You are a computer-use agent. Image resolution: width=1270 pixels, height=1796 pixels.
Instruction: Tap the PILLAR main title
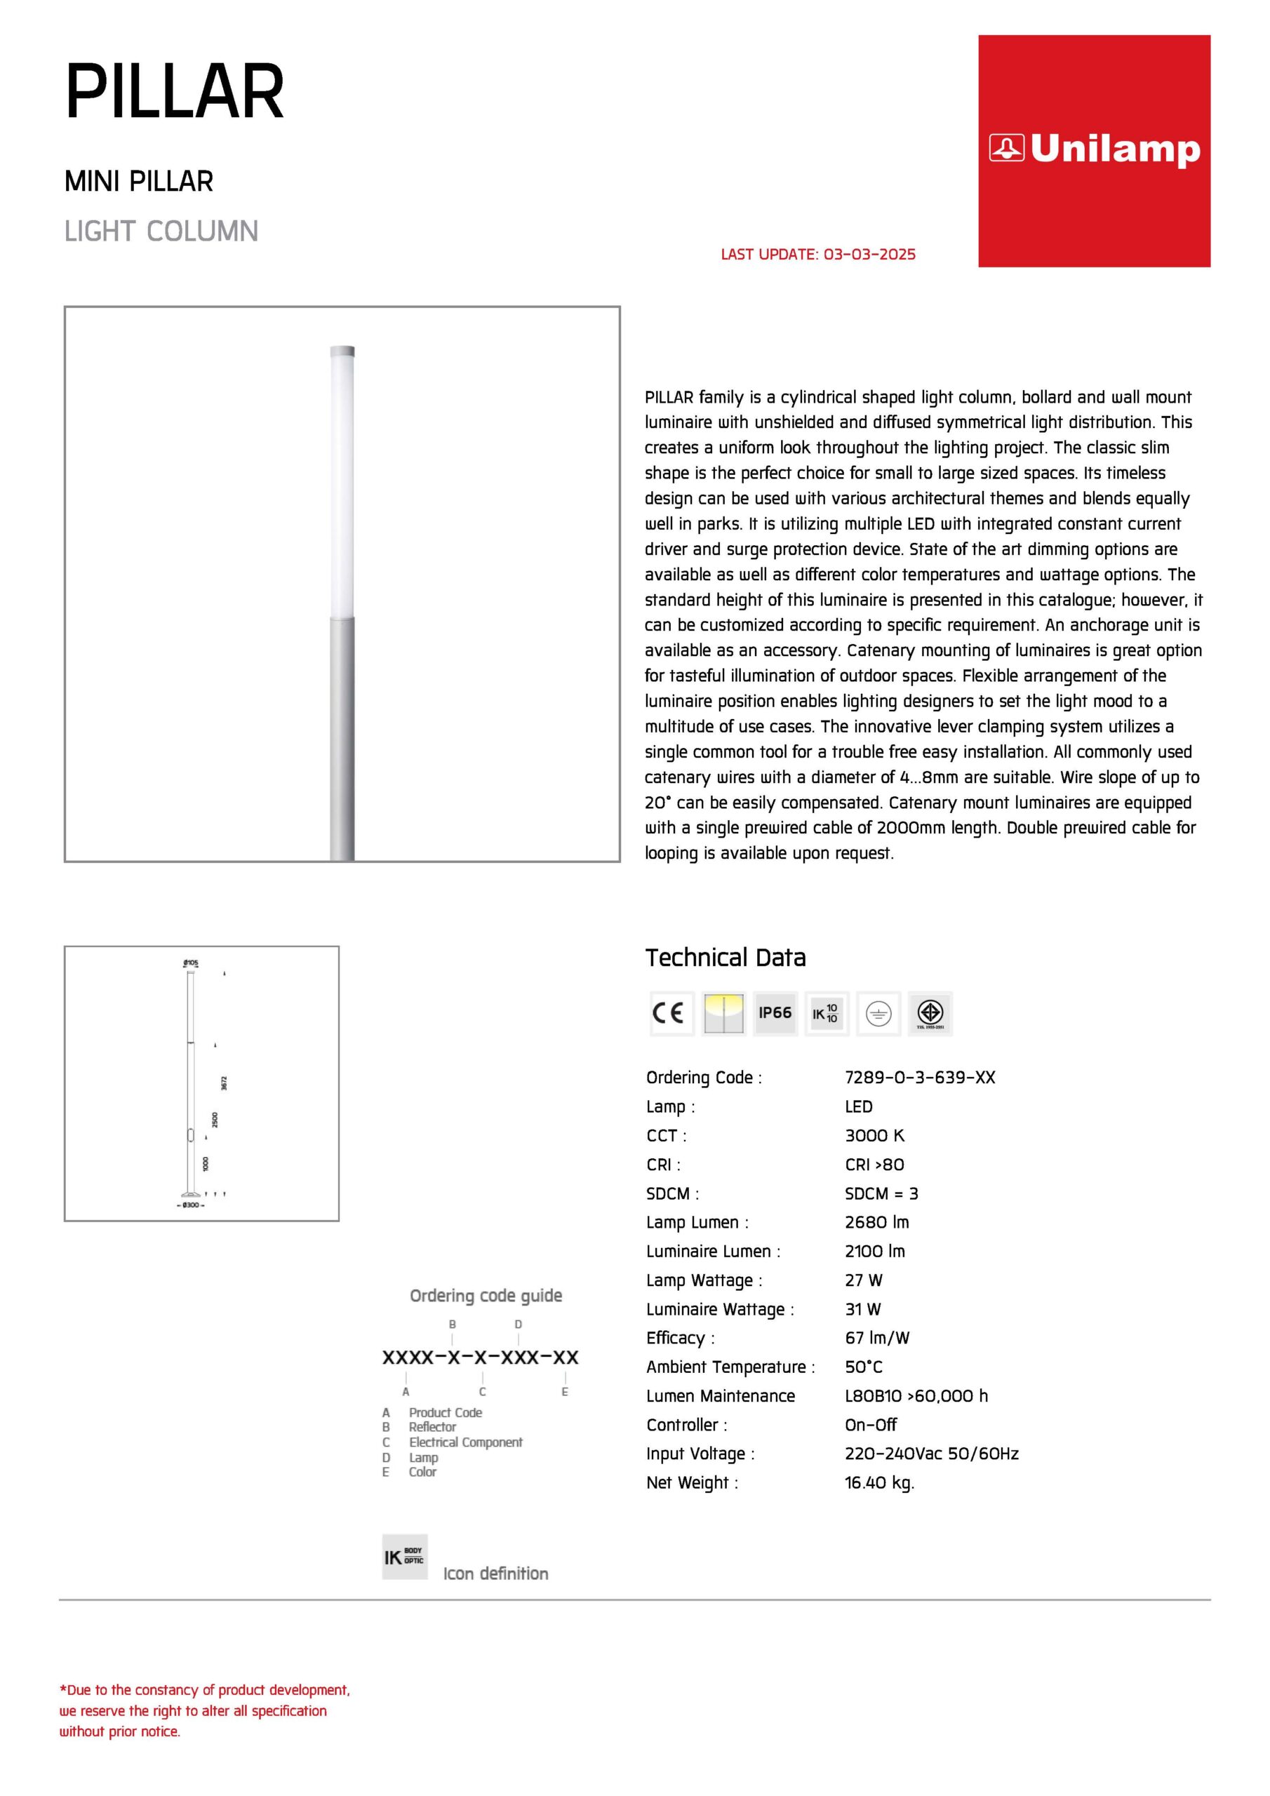pos(175,93)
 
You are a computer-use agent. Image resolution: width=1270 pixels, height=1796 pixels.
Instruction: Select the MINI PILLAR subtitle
pos(138,182)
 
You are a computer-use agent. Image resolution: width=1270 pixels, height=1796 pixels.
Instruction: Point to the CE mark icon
pos(671,1013)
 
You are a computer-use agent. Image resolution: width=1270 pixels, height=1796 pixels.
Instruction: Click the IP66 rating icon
pos(775,1013)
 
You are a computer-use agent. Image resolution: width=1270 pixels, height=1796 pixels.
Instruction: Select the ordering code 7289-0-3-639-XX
pos(919,1077)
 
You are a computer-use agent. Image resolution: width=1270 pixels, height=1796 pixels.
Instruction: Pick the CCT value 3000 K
pos(874,1135)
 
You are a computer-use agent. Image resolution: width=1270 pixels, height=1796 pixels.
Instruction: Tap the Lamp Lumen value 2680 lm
pos(876,1222)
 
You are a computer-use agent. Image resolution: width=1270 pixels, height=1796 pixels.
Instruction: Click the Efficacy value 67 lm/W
pos(876,1338)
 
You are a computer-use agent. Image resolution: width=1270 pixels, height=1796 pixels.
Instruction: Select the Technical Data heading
pos(726,958)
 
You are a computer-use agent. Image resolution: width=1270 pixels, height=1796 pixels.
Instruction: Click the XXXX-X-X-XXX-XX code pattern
pos(481,1357)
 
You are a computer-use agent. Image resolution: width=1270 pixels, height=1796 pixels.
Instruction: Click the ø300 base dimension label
pos(191,1205)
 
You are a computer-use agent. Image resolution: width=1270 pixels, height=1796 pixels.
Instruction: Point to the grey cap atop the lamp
pos(342,351)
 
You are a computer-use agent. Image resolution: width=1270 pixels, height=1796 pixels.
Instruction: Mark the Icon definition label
pos(495,1573)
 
